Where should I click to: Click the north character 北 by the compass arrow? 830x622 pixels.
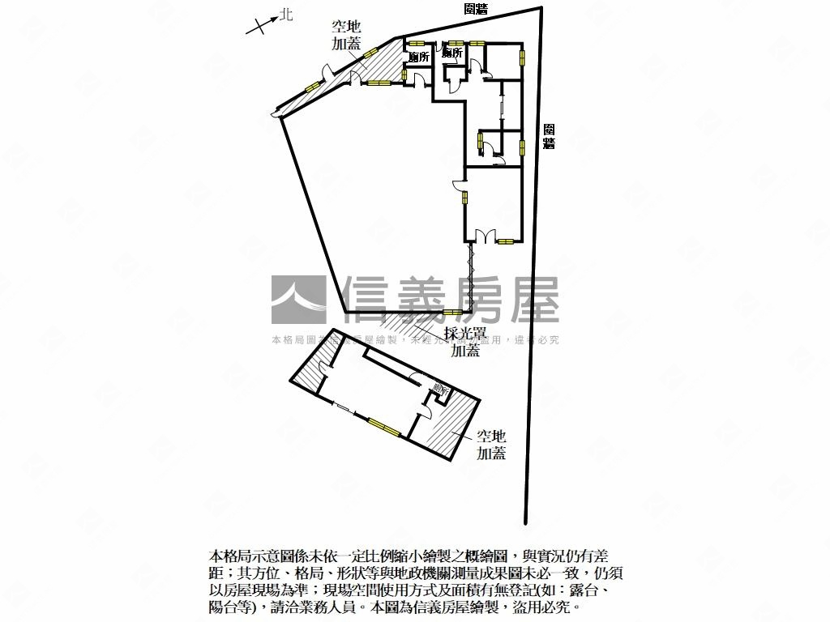point(285,15)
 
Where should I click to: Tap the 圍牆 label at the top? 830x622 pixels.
point(476,9)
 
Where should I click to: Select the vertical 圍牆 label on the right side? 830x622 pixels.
point(549,136)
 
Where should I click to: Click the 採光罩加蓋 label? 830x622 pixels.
point(464,341)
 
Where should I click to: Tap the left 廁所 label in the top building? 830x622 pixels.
point(418,58)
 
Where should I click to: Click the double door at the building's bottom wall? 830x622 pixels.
point(483,236)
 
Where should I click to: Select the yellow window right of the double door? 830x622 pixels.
point(507,241)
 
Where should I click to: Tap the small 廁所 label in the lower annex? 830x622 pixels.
point(440,389)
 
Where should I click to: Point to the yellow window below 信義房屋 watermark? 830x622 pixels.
point(451,313)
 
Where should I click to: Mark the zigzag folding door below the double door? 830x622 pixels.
point(469,275)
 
